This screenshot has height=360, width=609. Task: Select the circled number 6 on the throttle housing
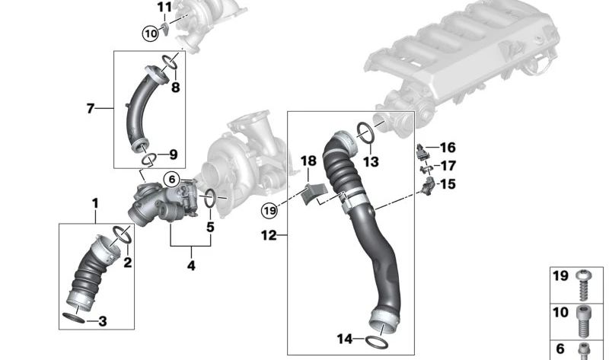(171, 180)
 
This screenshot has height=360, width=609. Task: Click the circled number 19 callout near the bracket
(269, 210)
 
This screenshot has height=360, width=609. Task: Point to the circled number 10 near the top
(150, 33)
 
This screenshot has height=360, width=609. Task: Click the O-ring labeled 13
(365, 132)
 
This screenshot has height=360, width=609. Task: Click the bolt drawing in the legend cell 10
(584, 321)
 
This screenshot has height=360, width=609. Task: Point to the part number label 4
(191, 266)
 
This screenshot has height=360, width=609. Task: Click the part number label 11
(165, 7)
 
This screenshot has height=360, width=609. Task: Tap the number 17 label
(448, 165)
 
